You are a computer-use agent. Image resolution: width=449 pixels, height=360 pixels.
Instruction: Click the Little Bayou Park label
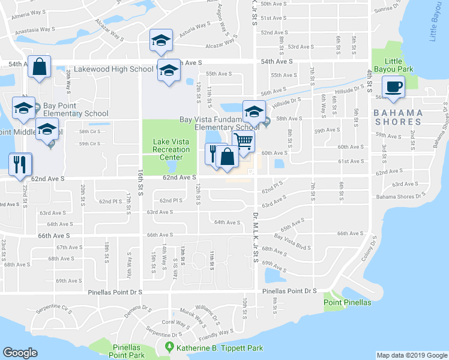pyautogui.click(x=393, y=65)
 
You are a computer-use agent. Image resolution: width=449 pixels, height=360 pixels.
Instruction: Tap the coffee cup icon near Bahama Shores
pyautogui.click(x=394, y=87)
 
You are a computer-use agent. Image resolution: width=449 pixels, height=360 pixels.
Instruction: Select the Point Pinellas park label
pyautogui.click(x=349, y=302)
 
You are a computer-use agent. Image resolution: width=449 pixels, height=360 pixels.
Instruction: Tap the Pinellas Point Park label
pyautogui.click(x=128, y=352)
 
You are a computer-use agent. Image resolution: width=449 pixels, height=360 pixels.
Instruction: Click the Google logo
pyautogui.click(x=20, y=353)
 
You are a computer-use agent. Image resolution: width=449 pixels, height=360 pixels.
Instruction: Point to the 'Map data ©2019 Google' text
pyautogui.click(x=411, y=355)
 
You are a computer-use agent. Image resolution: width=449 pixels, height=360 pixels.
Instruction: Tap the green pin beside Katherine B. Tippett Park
pyautogui.click(x=170, y=347)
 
